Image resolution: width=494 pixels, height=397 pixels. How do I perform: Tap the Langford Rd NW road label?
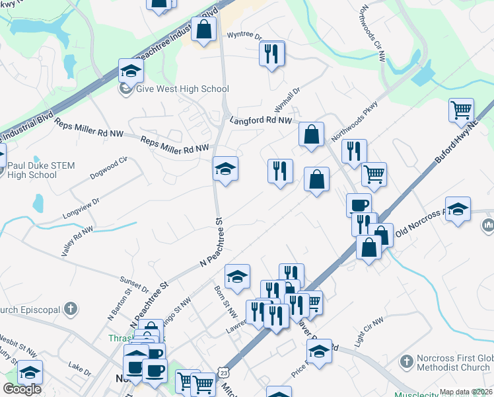[260, 120]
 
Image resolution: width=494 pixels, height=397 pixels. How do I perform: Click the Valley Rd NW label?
[77, 240]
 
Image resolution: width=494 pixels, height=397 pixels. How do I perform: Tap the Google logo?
[22, 389]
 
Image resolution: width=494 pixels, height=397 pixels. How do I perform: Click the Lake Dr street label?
[79, 368]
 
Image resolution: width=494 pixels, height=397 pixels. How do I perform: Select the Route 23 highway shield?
[226, 375]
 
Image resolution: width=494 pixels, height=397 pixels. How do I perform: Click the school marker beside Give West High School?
[131, 71]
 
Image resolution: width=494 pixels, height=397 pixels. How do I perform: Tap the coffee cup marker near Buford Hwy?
[359, 204]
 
